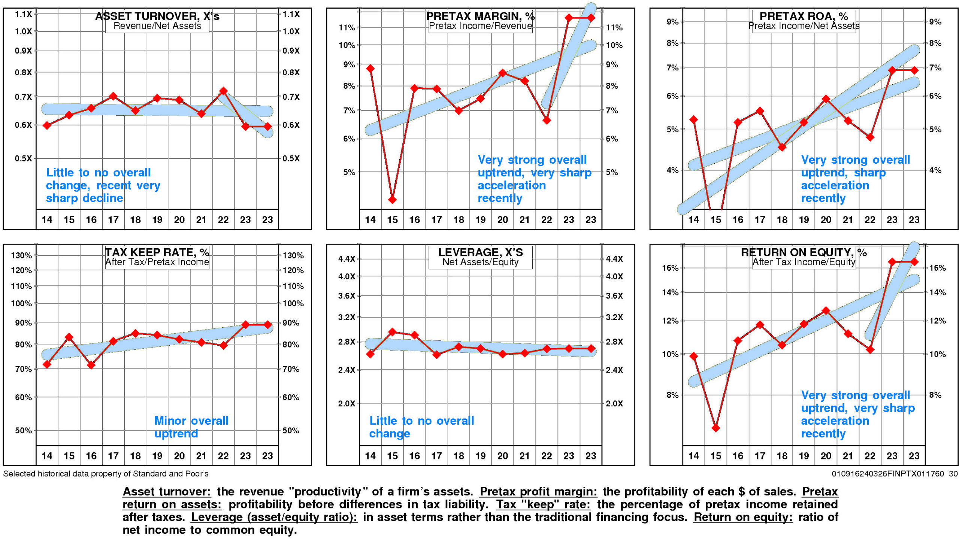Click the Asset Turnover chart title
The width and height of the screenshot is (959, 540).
tap(157, 16)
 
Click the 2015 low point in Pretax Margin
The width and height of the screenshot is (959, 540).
tap(392, 200)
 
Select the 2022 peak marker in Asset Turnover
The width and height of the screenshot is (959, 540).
tap(223, 91)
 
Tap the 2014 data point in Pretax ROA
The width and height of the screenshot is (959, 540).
tap(693, 120)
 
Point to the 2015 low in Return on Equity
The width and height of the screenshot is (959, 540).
tap(716, 428)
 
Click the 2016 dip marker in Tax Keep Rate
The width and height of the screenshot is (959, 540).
tap(91, 365)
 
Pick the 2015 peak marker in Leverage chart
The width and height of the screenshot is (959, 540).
tap(392, 332)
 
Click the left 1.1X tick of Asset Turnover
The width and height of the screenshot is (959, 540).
tap(23, 14)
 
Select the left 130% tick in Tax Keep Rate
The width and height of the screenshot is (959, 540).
tap(21, 255)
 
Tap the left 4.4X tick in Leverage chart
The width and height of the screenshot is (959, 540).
tap(347, 259)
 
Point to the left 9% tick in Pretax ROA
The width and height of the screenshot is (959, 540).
tap(672, 22)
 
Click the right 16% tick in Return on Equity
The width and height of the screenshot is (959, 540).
tap(937, 268)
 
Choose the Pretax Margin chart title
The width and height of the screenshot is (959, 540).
tap(480, 16)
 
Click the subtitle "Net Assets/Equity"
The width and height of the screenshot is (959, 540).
tap(480, 262)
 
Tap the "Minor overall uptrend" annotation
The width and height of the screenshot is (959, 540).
tap(191, 427)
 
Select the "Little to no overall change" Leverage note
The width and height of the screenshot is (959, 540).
tap(421, 427)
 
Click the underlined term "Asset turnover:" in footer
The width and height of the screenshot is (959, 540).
tap(167, 491)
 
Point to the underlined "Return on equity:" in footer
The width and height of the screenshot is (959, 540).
tap(743, 517)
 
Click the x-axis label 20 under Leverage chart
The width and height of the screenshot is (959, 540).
tap(502, 456)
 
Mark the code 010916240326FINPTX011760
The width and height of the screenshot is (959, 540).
tap(887, 474)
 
